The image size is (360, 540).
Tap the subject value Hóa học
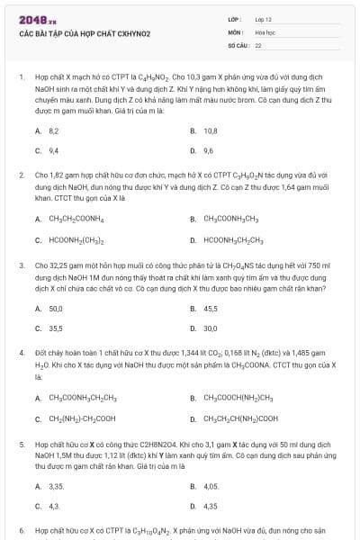coord(265,31)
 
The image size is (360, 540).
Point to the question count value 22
coord(258,44)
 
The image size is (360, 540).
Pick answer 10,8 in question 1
coord(211,130)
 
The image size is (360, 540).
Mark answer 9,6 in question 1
coord(209,150)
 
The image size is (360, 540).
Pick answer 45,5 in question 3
coord(211,309)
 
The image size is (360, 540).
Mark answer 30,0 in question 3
coord(211,328)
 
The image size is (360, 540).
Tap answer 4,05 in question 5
coord(211,486)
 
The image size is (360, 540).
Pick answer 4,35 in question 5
coord(210,506)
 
